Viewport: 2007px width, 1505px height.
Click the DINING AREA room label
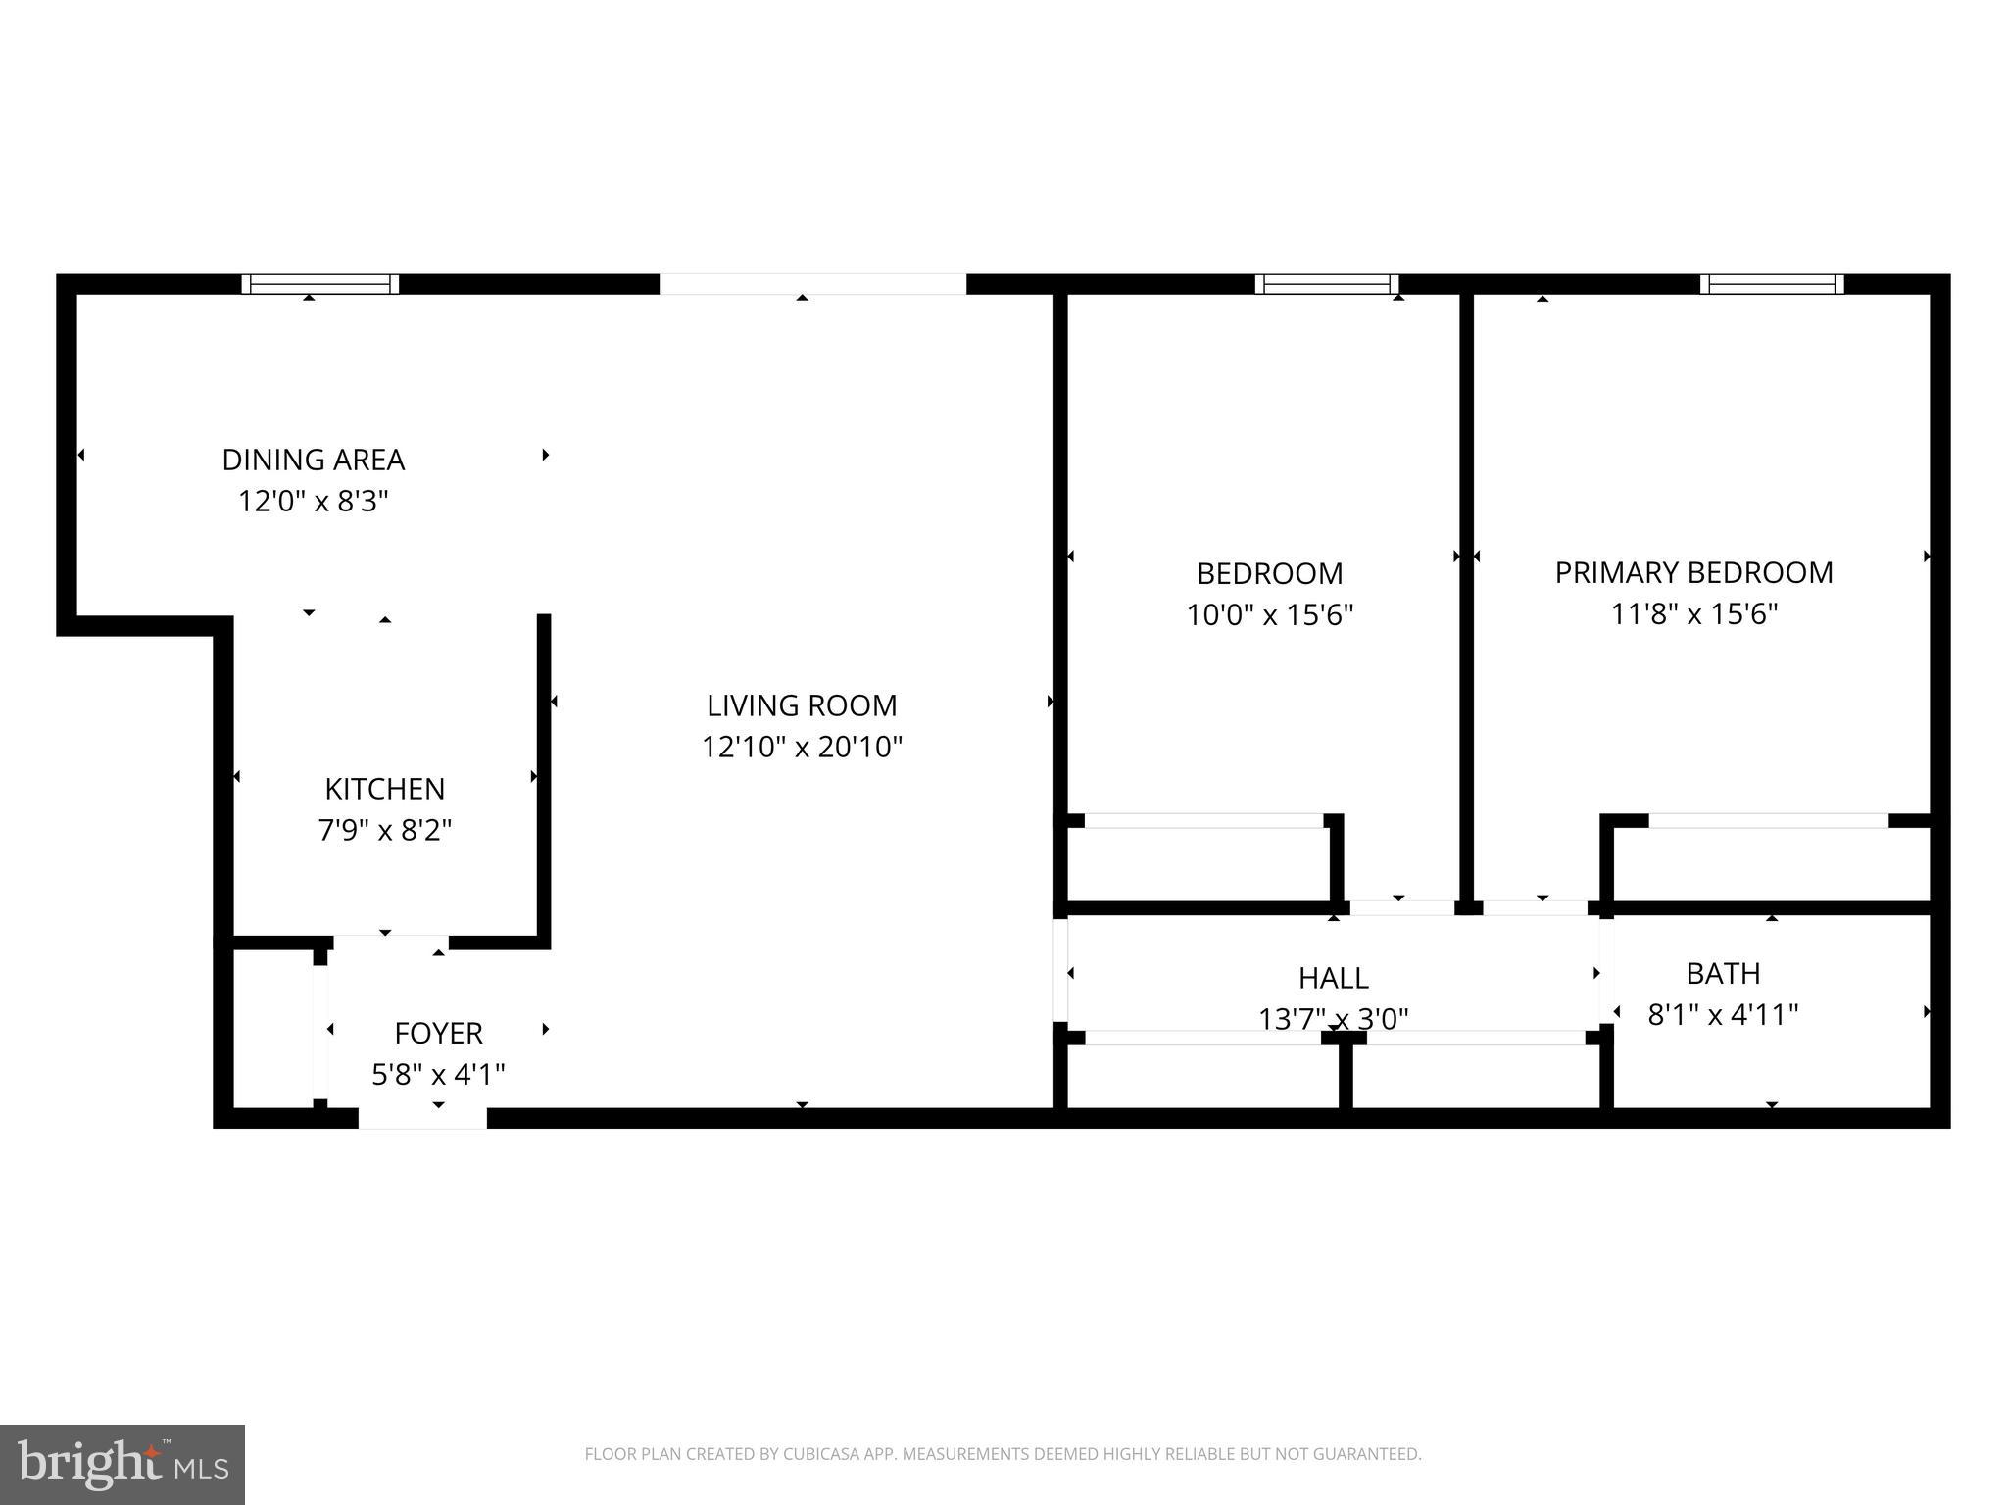(314, 460)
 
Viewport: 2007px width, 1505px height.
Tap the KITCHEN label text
(384, 789)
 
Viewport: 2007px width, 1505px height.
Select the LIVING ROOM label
(802, 705)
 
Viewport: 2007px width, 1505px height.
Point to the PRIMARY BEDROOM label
(1693, 572)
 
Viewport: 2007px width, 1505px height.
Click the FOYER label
(438, 1033)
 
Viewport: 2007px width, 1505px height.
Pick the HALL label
(1333, 978)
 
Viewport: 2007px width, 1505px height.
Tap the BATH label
(1723, 973)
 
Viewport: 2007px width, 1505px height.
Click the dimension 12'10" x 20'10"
(802, 748)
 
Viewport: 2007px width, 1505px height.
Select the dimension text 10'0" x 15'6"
(1270, 615)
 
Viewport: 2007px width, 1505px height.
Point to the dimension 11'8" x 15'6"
(1694, 614)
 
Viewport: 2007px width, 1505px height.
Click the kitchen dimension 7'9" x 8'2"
(384, 831)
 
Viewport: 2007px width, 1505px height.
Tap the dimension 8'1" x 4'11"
(1723, 1014)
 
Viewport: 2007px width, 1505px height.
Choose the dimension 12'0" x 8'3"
(314, 502)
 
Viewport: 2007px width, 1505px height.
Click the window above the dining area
(320, 284)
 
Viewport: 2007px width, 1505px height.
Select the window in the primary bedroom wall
(1772, 284)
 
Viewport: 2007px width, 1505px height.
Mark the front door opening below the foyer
(422, 1118)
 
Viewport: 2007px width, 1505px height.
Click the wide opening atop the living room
(812, 284)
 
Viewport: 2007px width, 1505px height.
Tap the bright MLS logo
(122, 1464)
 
